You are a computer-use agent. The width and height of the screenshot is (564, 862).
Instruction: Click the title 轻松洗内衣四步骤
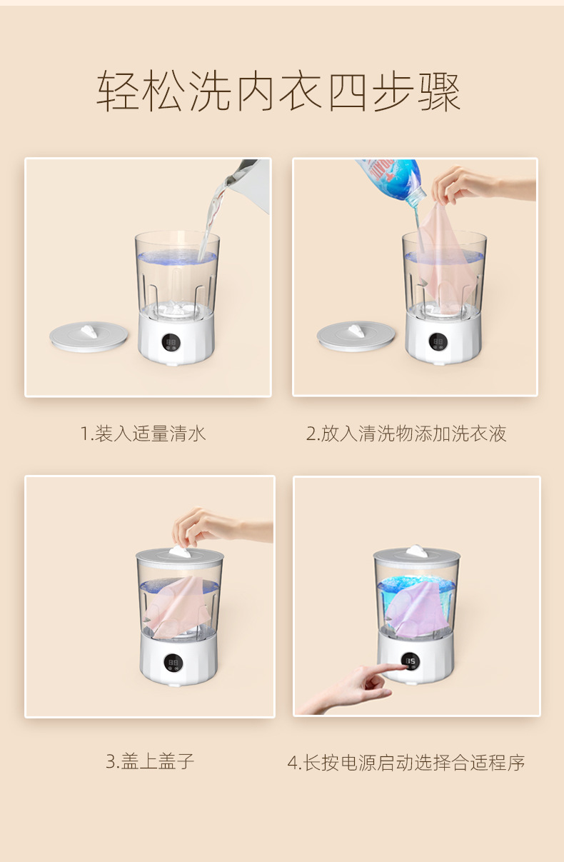279,92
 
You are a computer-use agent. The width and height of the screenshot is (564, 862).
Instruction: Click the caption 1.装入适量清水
143,433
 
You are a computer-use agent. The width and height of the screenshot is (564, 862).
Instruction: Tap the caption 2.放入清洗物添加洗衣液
406,433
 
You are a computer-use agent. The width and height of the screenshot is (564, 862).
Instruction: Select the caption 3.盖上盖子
150,761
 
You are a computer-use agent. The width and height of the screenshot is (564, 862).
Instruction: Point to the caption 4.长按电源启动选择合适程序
406,763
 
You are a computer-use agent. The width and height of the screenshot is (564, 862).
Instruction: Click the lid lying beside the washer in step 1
89,335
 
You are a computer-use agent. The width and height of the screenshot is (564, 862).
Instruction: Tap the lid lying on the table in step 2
356,335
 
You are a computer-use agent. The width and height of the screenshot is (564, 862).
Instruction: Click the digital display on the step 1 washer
172,342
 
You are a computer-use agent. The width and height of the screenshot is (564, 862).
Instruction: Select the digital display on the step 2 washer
437,342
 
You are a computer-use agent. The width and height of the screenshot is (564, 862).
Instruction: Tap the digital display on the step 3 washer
173,663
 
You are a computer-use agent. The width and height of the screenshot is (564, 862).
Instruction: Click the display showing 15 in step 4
411,661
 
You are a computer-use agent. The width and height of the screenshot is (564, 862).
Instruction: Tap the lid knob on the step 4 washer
416,550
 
